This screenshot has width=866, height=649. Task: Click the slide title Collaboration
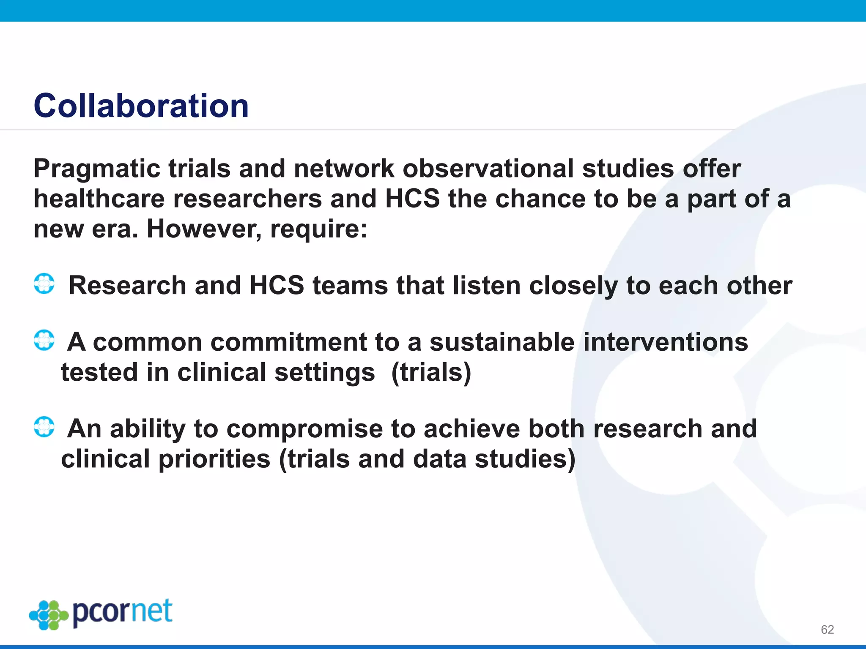coord(141,106)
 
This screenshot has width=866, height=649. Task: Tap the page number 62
coord(827,630)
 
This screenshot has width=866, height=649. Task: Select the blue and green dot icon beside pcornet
coord(49,615)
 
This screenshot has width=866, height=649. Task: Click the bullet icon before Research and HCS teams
coord(44,284)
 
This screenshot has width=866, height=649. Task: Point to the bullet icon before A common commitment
coord(44,340)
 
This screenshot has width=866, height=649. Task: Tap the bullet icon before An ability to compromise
coord(44,427)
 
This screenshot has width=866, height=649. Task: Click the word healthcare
coord(99,199)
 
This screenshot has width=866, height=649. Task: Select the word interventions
coord(666,342)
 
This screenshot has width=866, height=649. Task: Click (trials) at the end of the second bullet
coord(431,373)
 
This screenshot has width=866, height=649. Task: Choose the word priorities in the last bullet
coord(214,459)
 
